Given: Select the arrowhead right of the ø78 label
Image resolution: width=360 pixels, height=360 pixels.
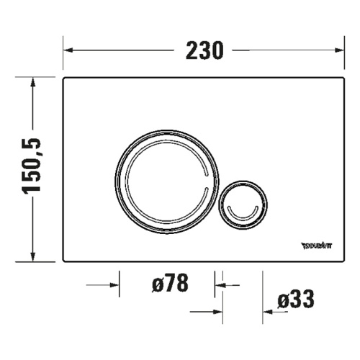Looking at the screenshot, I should pos(219,284).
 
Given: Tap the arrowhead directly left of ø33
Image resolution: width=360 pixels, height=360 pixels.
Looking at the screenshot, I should pos(267,311).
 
